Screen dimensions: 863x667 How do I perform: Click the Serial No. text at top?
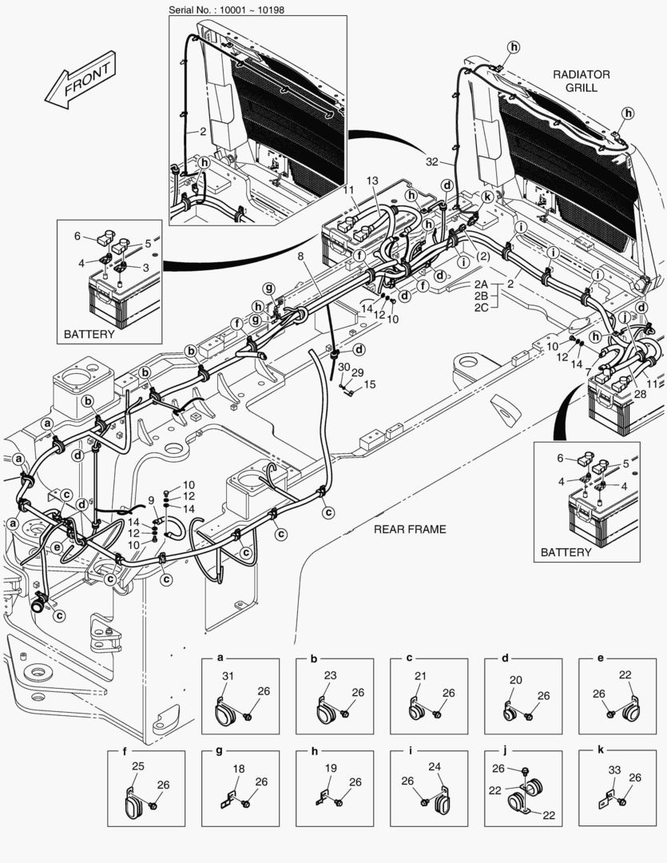point(227,10)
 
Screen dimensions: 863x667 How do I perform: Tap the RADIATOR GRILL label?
point(581,81)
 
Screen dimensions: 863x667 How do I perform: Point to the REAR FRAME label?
point(409,529)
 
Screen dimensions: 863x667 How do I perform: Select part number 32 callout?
point(432,161)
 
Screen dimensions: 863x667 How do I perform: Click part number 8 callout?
point(300,257)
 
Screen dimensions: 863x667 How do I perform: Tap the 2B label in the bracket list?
point(481,296)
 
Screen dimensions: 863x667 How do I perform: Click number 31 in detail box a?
point(228,678)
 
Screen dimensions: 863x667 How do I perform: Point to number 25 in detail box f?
point(138,767)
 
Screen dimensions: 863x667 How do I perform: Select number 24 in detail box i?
point(435,767)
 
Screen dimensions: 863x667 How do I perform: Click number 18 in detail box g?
point(239,769)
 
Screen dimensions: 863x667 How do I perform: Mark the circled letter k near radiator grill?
point(486,196)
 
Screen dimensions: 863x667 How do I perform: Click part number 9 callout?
point(151,500)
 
